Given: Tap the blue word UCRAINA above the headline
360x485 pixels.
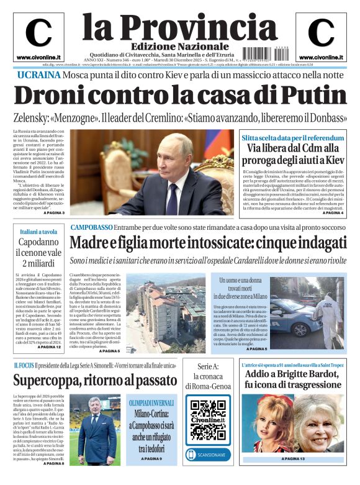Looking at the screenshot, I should click(38, 75).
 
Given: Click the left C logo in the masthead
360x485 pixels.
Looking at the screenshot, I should click(38, 32).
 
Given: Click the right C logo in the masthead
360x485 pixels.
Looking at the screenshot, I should click(321, 32).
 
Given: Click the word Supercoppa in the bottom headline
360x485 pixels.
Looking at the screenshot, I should click(52, 379).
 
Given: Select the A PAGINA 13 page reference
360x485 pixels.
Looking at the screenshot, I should click(292, 459).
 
